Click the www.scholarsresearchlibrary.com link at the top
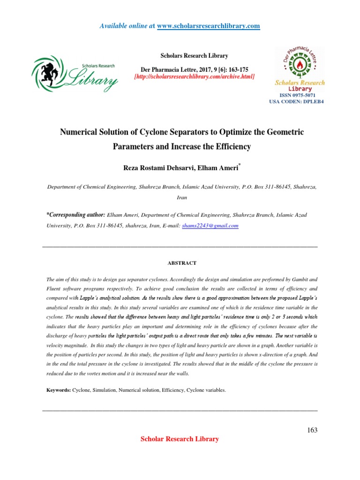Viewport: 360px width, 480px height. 208,26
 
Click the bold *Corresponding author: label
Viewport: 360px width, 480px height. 75,214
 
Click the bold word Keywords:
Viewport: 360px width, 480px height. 58,390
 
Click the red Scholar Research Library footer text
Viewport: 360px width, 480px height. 180,439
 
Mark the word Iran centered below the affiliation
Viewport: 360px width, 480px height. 182,198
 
